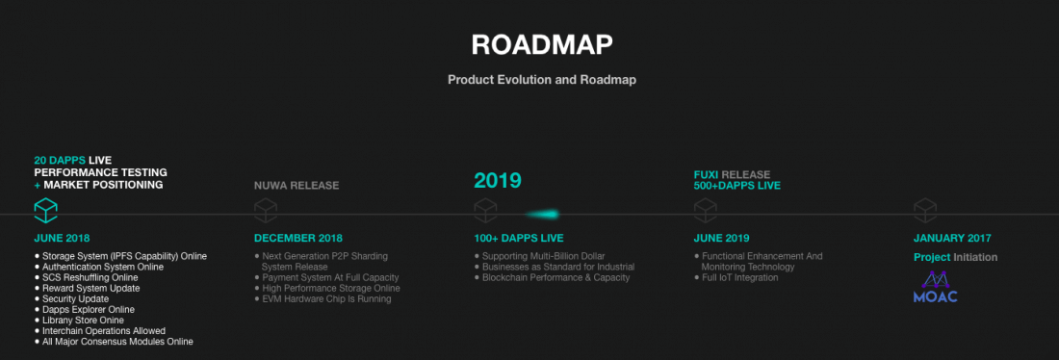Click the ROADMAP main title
coord(542,44)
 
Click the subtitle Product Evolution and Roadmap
coord(542,80)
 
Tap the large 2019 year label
coord(498,180)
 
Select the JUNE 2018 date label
coord(63,239)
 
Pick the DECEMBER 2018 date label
coord(298,239)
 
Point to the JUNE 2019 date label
coord(721,239)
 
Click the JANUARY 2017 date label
coord(952,239)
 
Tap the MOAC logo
coord(936,287)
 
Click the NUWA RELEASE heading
coord(297,186)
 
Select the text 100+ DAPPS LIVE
coord(519,239)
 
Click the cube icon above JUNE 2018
coord(46,210)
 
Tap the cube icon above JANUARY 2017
coord(925,210)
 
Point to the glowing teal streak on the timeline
coord(543,215)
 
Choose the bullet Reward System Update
coord(87,289)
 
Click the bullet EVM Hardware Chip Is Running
coord(323,299)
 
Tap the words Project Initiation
coord(956,257)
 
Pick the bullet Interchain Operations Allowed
coord(100,331)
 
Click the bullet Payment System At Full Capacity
coord(327,277)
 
